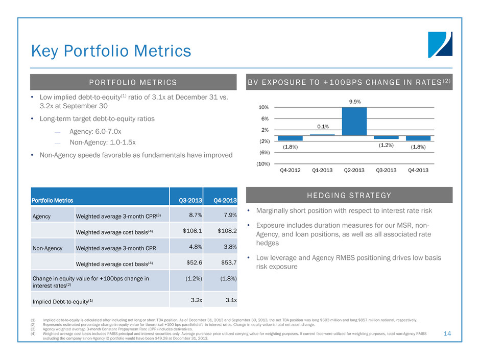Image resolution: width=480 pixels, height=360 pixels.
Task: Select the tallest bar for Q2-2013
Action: [354, 122]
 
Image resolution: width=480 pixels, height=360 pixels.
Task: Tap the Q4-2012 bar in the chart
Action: [290, 138]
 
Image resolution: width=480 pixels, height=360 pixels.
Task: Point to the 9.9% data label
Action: [355, 102]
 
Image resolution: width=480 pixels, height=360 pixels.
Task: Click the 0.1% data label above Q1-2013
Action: [322, 127]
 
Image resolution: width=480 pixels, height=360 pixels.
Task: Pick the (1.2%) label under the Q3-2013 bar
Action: [386, 145]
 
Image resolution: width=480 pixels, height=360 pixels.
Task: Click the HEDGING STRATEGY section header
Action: [350, 196]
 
